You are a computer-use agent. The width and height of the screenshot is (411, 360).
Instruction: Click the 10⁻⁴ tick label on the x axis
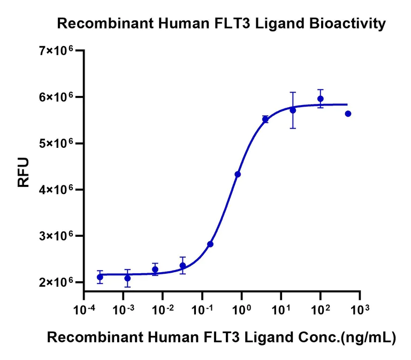pos(83,309)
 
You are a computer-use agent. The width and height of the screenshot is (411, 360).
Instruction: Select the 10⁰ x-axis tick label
pos(242,309)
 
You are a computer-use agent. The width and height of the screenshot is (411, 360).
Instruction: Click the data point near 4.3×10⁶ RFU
pos(238,174)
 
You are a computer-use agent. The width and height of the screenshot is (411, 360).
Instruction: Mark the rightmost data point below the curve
pos(348,114)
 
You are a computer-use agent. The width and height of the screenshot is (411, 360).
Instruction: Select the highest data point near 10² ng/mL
pos(321,99)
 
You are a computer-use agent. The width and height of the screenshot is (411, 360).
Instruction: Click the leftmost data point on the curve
pos(100,277)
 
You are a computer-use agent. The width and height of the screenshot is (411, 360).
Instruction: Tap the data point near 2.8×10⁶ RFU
pos(210,244)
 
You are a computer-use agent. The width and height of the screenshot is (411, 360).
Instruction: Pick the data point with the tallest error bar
pos(293,110)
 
